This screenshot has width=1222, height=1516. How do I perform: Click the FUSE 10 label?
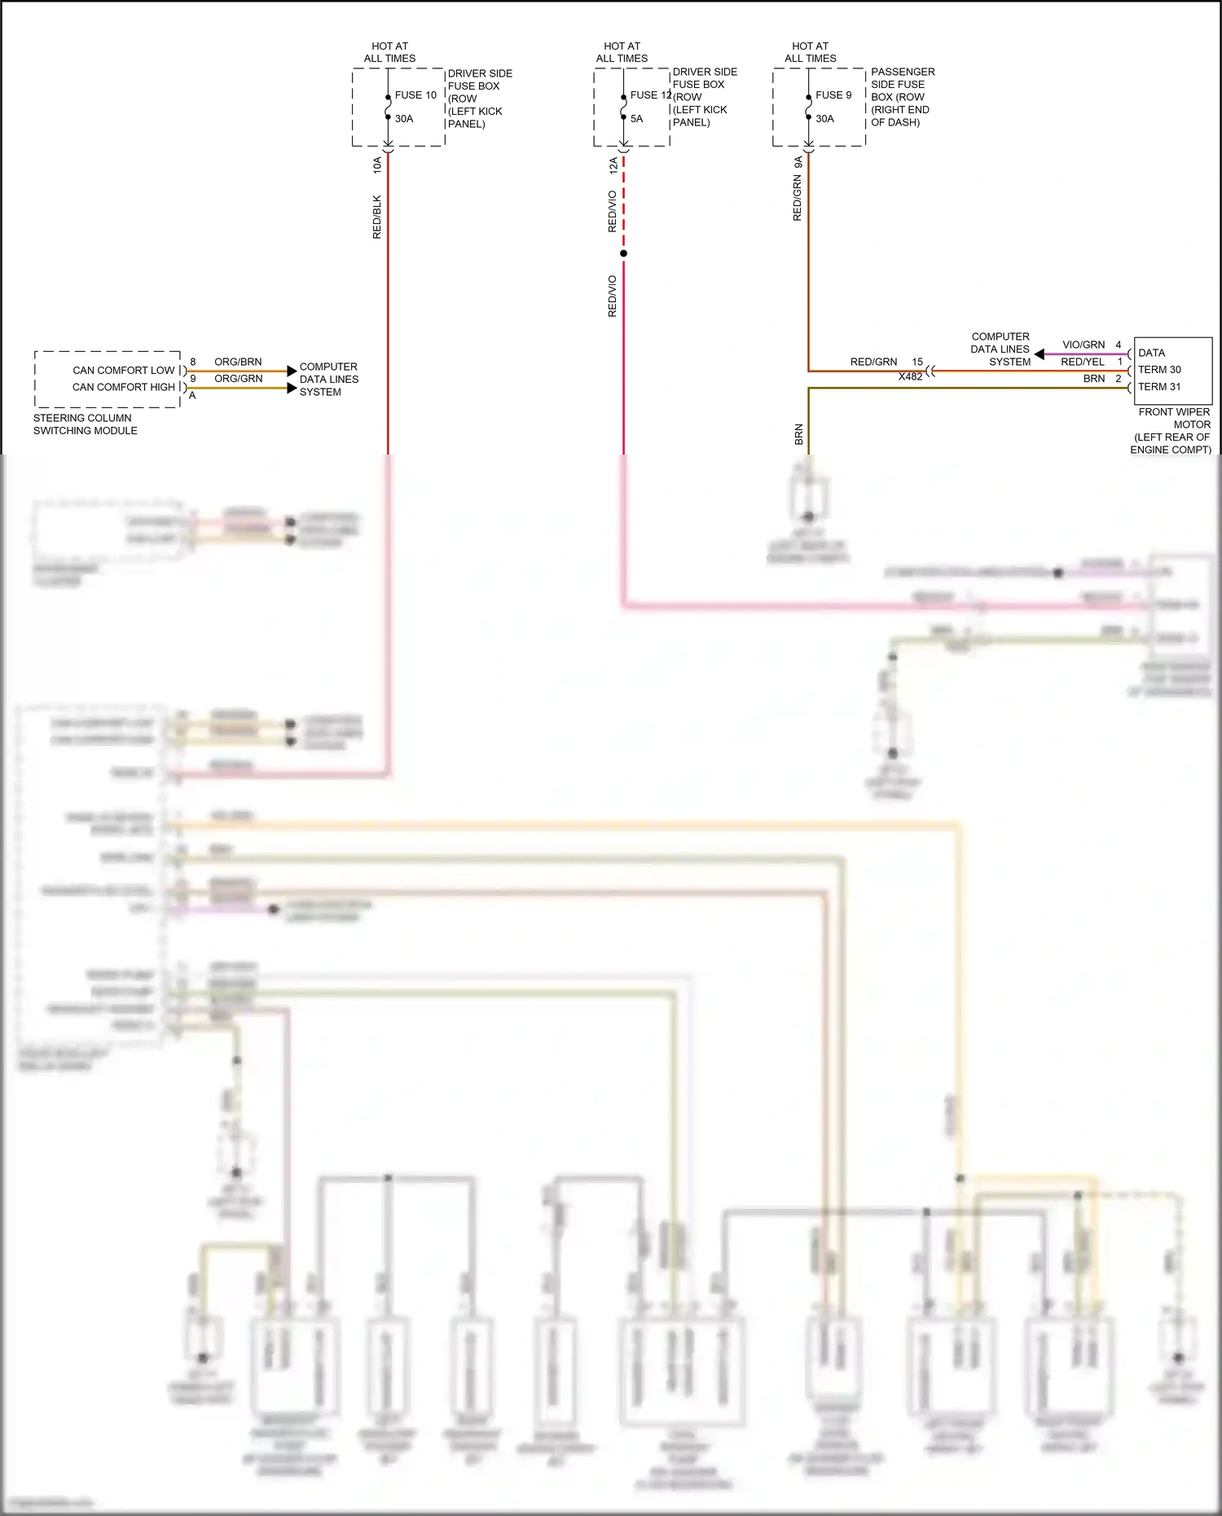(415, 95)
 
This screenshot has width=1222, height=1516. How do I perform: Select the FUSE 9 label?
(833, 95)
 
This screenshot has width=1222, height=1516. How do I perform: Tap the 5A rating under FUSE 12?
(636, 119)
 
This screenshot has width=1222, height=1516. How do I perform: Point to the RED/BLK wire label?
(377, 217)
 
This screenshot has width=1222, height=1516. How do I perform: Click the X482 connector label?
(910, 377)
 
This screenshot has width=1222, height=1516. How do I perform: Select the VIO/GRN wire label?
(1084, 345)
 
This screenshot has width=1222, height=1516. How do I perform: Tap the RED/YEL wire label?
(1083, 362)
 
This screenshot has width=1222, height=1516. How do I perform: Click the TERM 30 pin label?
(1159, 370)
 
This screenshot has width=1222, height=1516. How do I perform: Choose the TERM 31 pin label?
(1159, 387)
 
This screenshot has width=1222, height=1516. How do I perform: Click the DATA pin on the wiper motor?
(1151, 353)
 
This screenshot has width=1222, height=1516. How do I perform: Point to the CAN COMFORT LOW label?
(124, 371)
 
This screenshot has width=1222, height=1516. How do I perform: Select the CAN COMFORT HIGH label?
(124, 387)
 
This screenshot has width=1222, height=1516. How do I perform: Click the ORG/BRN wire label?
(238, 362)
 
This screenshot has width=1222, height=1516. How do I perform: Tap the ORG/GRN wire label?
(238, 379)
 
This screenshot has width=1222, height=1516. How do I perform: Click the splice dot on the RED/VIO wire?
(623, 253)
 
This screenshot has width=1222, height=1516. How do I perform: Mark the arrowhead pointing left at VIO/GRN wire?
(1040, 354)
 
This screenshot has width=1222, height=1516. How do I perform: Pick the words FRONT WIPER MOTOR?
(1174, 418)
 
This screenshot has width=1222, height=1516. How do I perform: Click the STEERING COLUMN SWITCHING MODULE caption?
(85, 424)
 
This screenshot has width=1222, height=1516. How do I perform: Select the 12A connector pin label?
(613, 165)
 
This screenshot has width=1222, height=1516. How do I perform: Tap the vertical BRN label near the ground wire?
(799, 434)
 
